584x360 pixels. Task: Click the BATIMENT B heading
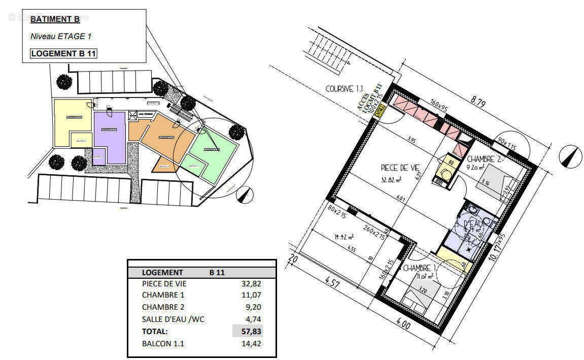pos(55,20)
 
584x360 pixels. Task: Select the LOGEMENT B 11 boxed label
pos(64,53)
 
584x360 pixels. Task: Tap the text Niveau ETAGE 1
pos(61,37)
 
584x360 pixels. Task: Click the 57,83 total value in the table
pos(252,331)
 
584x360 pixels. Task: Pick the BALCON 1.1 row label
pos(163,343)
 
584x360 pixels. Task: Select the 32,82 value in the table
pos(252,284)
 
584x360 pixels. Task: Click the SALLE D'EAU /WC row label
pos(174,319)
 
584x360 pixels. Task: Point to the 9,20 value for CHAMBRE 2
pos(254,307)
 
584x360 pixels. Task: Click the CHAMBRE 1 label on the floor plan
pos(420,268)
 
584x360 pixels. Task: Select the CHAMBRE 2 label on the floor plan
pos(484,159)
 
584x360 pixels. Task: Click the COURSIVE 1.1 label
pos(339,89)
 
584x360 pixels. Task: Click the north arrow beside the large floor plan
pos(570,155)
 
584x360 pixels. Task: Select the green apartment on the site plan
pos(213,150)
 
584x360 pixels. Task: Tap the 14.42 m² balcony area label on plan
pos(344,237)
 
